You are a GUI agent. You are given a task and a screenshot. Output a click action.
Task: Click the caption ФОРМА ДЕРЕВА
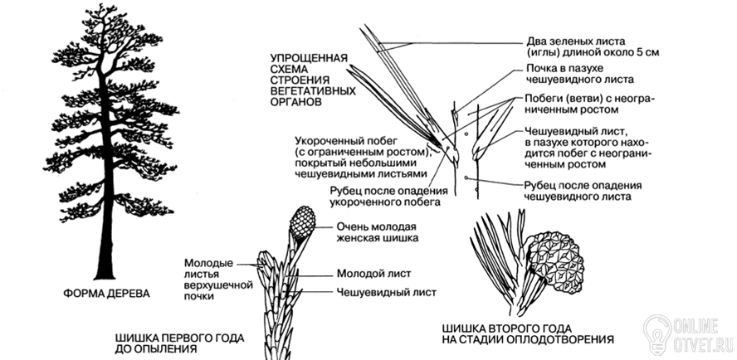[x=106, y=294]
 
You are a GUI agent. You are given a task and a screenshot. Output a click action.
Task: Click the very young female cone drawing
[x=302, y=222]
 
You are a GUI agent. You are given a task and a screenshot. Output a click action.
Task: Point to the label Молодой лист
[x=374, y=274]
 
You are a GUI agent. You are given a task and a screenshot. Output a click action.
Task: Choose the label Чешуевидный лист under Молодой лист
[x=387, y=292]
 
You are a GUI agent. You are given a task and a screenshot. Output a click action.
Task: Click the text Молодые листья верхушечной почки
[x=218, y=280]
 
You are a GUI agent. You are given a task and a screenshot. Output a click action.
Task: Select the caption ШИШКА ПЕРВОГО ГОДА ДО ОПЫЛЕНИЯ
[x=179, y=343]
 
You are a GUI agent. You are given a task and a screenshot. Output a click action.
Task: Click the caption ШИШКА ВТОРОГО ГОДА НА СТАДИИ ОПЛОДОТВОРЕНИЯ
[x=528, y=333]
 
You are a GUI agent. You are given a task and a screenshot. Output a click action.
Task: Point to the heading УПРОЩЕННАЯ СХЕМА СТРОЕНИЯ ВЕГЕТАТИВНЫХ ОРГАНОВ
[x=313, y=80]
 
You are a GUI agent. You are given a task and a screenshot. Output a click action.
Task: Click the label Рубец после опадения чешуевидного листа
[x=583, y=191]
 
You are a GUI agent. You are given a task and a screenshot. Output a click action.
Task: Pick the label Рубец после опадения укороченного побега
[x=388, y=197]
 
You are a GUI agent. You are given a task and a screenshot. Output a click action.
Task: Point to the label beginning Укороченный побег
[x=361, y=157]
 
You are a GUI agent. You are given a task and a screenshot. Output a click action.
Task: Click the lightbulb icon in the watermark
[x=657, y=334]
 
